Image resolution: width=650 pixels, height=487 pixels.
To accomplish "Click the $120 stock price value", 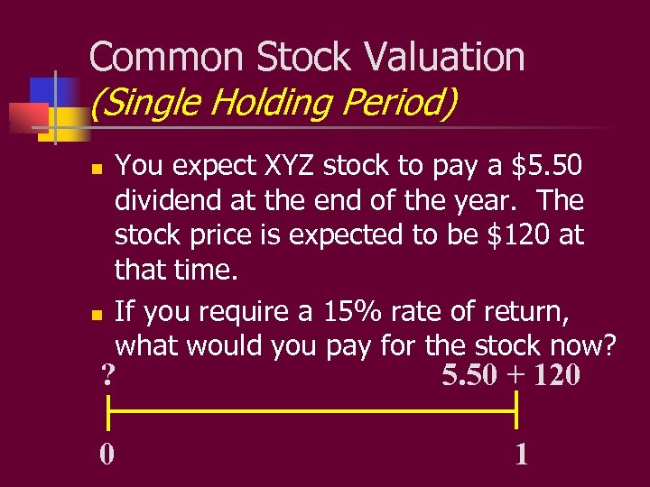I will [519, 234].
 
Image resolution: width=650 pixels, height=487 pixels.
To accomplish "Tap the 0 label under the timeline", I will [107, 454].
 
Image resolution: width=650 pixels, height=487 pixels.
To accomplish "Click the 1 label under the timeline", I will [521, 454].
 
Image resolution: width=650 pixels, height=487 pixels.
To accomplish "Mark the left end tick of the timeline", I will [108, 413].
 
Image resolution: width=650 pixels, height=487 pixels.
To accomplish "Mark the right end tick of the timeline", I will [516, 413].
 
